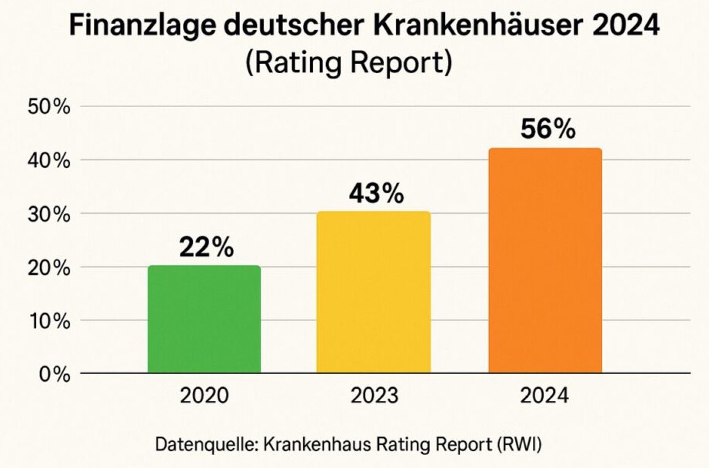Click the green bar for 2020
[x=204, y=319]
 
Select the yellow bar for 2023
[x=374, y=292]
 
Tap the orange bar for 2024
[x=545, y=261]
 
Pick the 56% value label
[x=548, y=129]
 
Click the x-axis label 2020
[x=204, y=396]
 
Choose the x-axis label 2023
[x=374, y=396]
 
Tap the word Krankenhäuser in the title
[x=459, y=28]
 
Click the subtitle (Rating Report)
[x=348, y=63]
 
